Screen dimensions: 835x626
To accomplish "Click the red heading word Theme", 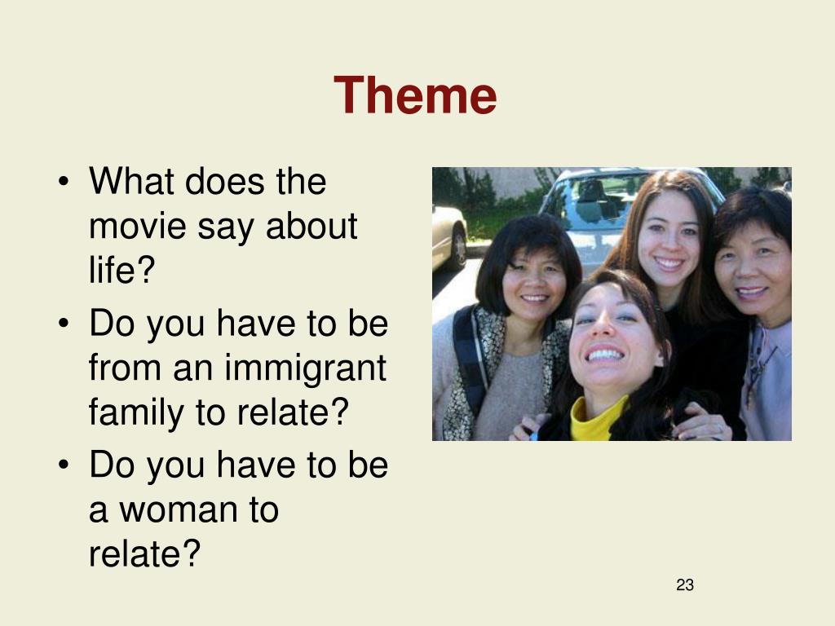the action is [415, 95].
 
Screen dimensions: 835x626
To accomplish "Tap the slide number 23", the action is [685, 585].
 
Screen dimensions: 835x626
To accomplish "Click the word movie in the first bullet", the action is [137, 226].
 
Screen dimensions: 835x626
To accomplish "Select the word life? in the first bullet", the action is [122, 269].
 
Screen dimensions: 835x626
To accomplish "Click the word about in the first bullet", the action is [311, 226].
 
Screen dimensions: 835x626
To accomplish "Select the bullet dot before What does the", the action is [64, 181].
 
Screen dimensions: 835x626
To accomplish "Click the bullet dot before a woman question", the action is [64, 465].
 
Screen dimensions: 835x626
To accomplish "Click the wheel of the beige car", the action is [457, 246].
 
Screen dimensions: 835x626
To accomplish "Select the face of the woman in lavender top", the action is [752, 271].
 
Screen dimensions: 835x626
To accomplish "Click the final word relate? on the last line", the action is [144, 553].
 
